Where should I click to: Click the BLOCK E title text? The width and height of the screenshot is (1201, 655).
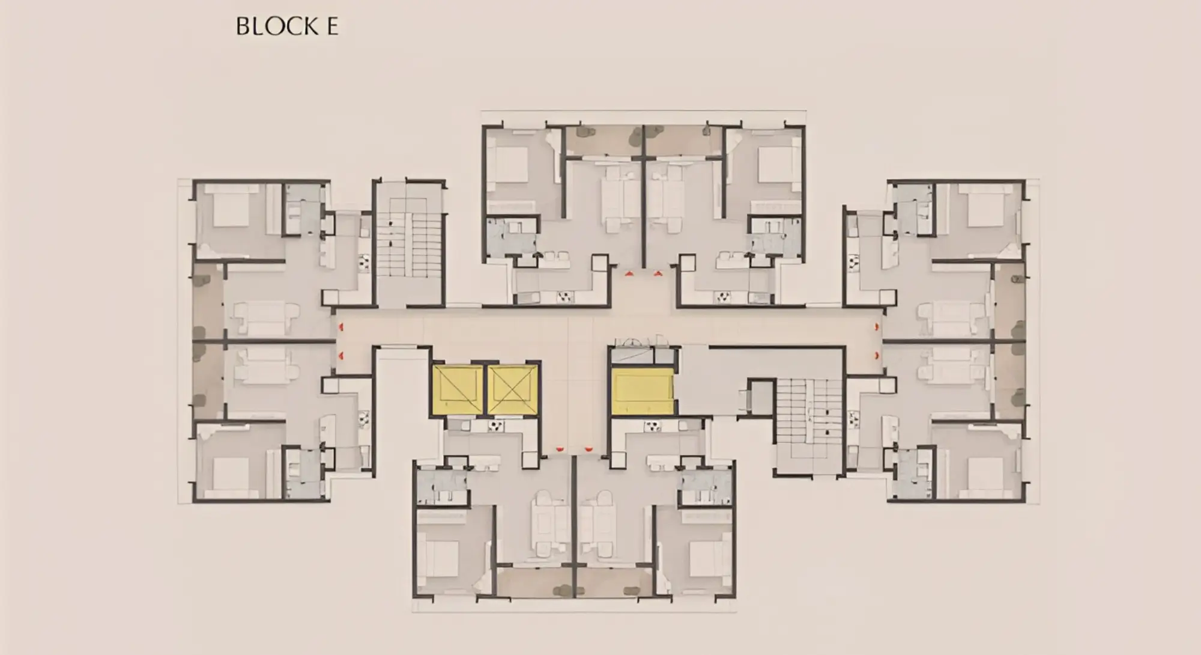(x=287, y=26)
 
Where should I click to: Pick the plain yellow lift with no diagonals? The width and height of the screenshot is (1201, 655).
(x=643, y=392)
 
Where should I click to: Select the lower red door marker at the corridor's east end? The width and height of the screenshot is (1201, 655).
(x=877, y=356)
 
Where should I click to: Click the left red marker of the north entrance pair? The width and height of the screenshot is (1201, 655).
(x=629, y=273)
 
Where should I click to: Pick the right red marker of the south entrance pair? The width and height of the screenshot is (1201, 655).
(x=588, y=448)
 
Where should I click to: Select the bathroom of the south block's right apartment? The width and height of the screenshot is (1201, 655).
(x=706, y=487)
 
